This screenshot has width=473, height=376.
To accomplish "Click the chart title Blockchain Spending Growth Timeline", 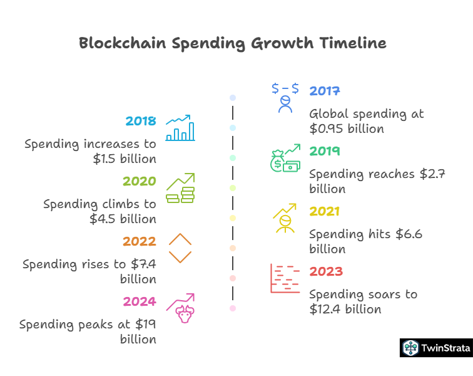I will coord(233,43).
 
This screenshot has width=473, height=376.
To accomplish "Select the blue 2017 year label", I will coord(324,91).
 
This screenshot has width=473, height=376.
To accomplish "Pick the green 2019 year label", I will coord(324,151).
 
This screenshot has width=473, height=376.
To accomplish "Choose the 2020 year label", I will coord(139,181).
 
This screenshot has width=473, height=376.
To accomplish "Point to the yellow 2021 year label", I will coord(324,211).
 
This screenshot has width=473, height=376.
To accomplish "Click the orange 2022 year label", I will coord(139,241).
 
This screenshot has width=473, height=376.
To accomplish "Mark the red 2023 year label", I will coord(326,271).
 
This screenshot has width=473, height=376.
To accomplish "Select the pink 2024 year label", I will coord(139,301).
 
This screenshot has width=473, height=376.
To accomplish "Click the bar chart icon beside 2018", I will coord(180,128).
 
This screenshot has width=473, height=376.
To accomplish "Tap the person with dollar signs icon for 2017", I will coord(285,98).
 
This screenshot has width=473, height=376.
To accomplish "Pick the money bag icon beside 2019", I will coord(285,158).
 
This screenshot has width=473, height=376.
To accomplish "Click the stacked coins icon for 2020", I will coord(180,188).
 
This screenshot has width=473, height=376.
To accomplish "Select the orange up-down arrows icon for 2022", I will coord(180,248).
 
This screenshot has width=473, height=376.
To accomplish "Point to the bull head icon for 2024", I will coord(181,308).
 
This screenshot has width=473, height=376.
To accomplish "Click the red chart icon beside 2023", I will coord(285,278).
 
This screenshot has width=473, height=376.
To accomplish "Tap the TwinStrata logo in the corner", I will coord(436,348).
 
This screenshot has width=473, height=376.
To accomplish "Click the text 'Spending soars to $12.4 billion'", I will coord(363,301).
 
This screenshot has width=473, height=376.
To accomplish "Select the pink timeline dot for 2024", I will coord(233,308).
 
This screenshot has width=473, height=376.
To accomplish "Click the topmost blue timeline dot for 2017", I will coord(233,98).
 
